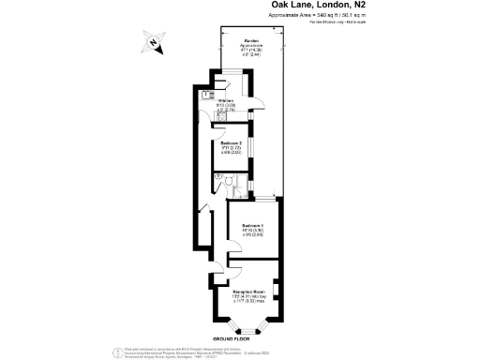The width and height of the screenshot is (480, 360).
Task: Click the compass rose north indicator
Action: [153, 42]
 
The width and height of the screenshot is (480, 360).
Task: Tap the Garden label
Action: [250, 41]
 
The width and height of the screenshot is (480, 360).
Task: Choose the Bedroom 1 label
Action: [251, 226]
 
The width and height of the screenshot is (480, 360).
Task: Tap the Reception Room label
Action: [250, 292]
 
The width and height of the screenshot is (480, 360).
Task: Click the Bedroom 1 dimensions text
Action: [251, 233]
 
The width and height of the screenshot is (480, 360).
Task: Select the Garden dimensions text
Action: [250, 52]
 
